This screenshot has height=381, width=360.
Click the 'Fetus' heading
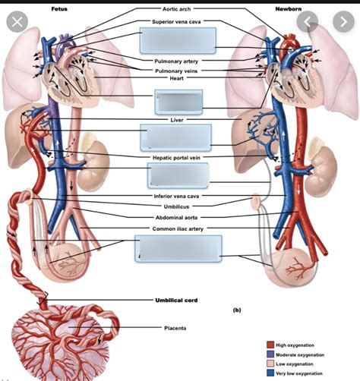(59, 8)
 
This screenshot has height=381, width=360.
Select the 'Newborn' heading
(288, 8)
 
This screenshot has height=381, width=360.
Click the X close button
(17, 20)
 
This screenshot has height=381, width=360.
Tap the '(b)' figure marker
(236, 310)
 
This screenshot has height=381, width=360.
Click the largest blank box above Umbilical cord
(179, 249)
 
